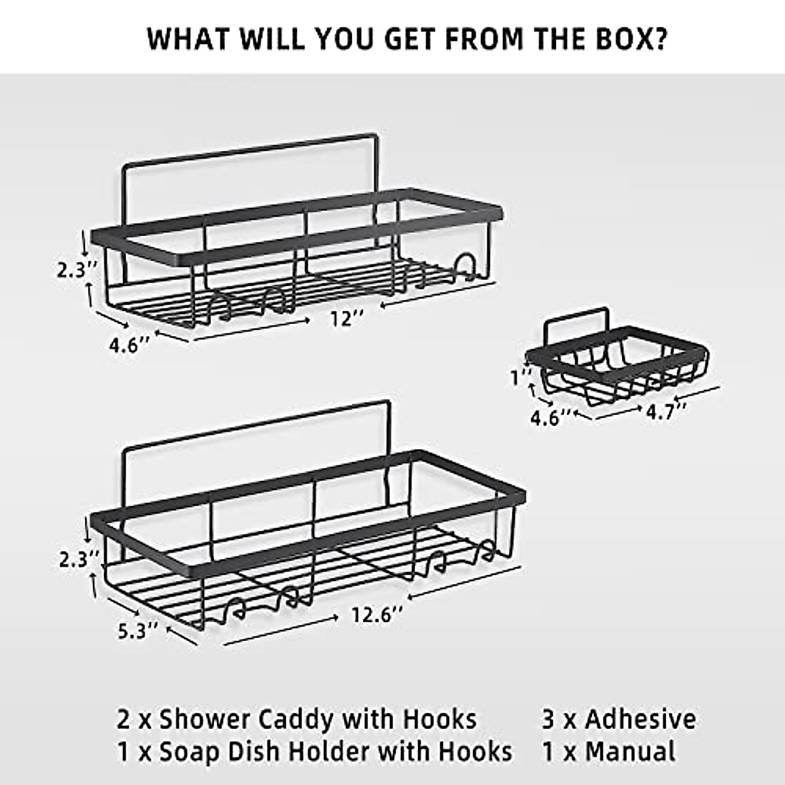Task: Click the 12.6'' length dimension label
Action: [376, 616]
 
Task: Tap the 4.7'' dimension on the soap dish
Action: [667, 411]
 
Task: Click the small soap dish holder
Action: [616, 362]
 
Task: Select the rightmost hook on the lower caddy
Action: [484, 553]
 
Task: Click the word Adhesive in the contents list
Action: [640, 719]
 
